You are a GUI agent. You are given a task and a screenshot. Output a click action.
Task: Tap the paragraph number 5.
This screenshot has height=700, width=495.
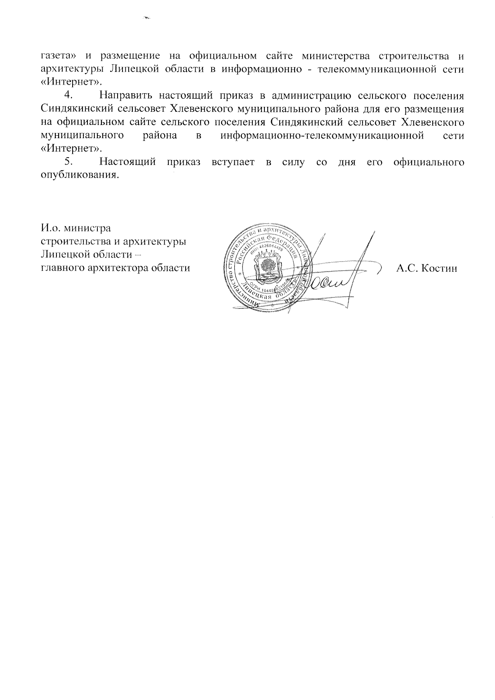(x=68, y=162)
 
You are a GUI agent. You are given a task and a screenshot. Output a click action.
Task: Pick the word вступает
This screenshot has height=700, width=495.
(x=231, y=162)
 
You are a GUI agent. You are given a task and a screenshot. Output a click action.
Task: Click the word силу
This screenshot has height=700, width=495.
(x=294, y=162)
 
